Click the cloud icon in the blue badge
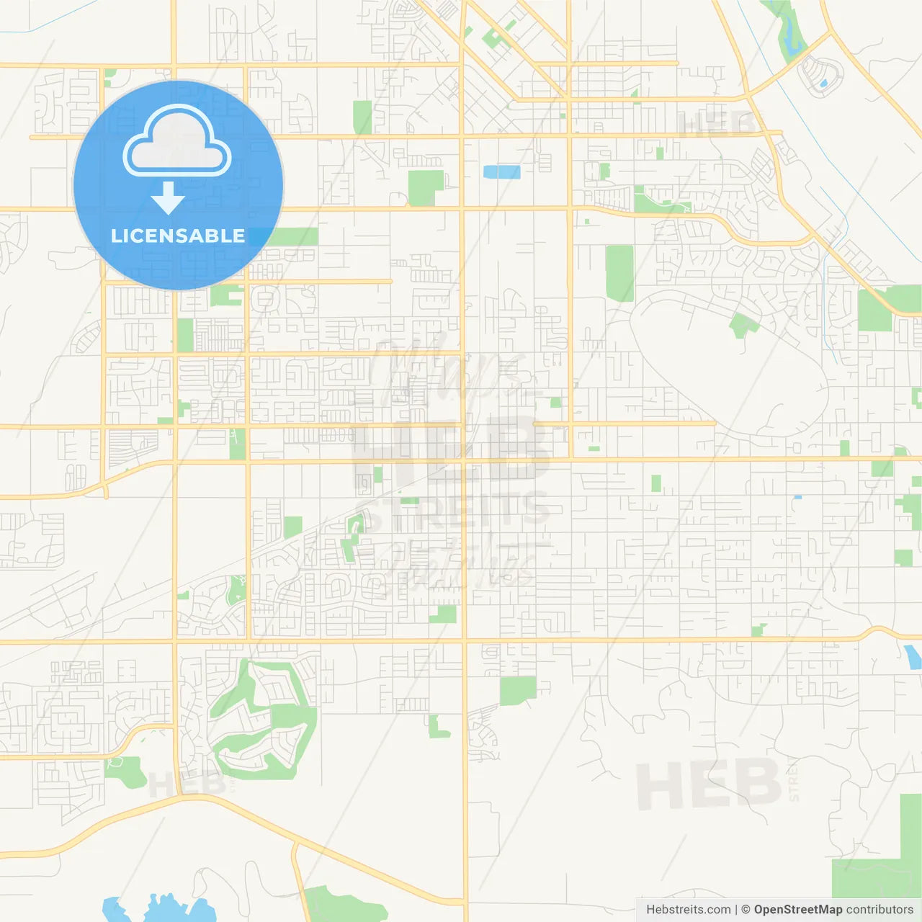coord(177,142)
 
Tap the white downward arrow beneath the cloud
coord(168,198)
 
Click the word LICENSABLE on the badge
coord(178,236)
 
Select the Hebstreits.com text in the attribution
coord(688,910)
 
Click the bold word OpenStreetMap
coord(797,910)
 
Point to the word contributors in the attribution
coord(880,910)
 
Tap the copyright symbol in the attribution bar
coord(746,910)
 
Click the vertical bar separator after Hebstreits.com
coord(736,910)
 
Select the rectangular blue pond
coord(501,171)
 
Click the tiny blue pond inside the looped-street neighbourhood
coord(823,84)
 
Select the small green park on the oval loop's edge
coord(742,324)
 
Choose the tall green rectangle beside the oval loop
coord(619,273)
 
